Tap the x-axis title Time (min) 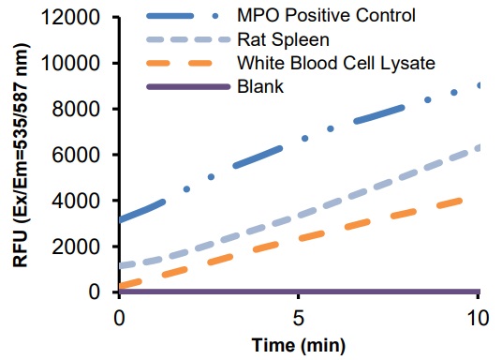click(299, 344)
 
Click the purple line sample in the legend click(187, 87)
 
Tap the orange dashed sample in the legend click(187, 64)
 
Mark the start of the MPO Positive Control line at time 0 click(120, 220)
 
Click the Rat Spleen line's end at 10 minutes click(479, 147)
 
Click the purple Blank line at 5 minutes click(299, 292)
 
